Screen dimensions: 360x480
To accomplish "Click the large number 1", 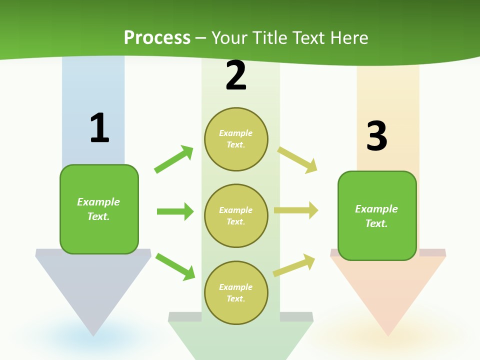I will coord(99,128).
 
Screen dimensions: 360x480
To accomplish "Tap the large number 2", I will coord(236,76).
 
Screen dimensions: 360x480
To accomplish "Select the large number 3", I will coord(376,136).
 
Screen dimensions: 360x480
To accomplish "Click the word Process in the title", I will coord(157,37).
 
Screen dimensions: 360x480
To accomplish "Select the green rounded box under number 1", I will coord(99,209).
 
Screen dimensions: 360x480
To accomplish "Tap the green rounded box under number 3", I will coord(377,216).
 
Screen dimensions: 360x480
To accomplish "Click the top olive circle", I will coord(236,139).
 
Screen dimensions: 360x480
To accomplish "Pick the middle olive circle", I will coord(236,216).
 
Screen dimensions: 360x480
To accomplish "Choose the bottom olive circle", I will coord(236,293).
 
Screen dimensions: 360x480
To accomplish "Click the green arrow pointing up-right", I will coord(173,159).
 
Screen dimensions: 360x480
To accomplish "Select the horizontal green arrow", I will coord(175,211).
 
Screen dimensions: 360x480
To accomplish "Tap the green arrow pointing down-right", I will coord(175,266).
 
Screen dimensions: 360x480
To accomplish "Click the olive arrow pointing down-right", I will coord(297,160).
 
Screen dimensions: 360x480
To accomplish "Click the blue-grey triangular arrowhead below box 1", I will coord(93,290).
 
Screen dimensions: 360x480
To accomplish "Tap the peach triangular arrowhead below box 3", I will coord(388,295).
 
